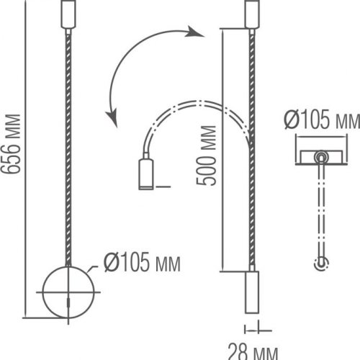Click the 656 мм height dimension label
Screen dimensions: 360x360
pos(10,144)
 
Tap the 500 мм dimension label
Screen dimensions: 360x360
pos(206,156)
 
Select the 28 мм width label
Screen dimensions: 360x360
pos(253,352)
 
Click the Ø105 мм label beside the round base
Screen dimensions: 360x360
pos(142,263)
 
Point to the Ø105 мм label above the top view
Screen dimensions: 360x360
pos(322,120)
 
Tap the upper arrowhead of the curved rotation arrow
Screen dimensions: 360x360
pos(195,31)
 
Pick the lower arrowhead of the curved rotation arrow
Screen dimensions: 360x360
pos(112,117)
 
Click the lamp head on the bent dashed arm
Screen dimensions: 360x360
pos(146,174)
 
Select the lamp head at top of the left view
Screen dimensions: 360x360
pos(68,14)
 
